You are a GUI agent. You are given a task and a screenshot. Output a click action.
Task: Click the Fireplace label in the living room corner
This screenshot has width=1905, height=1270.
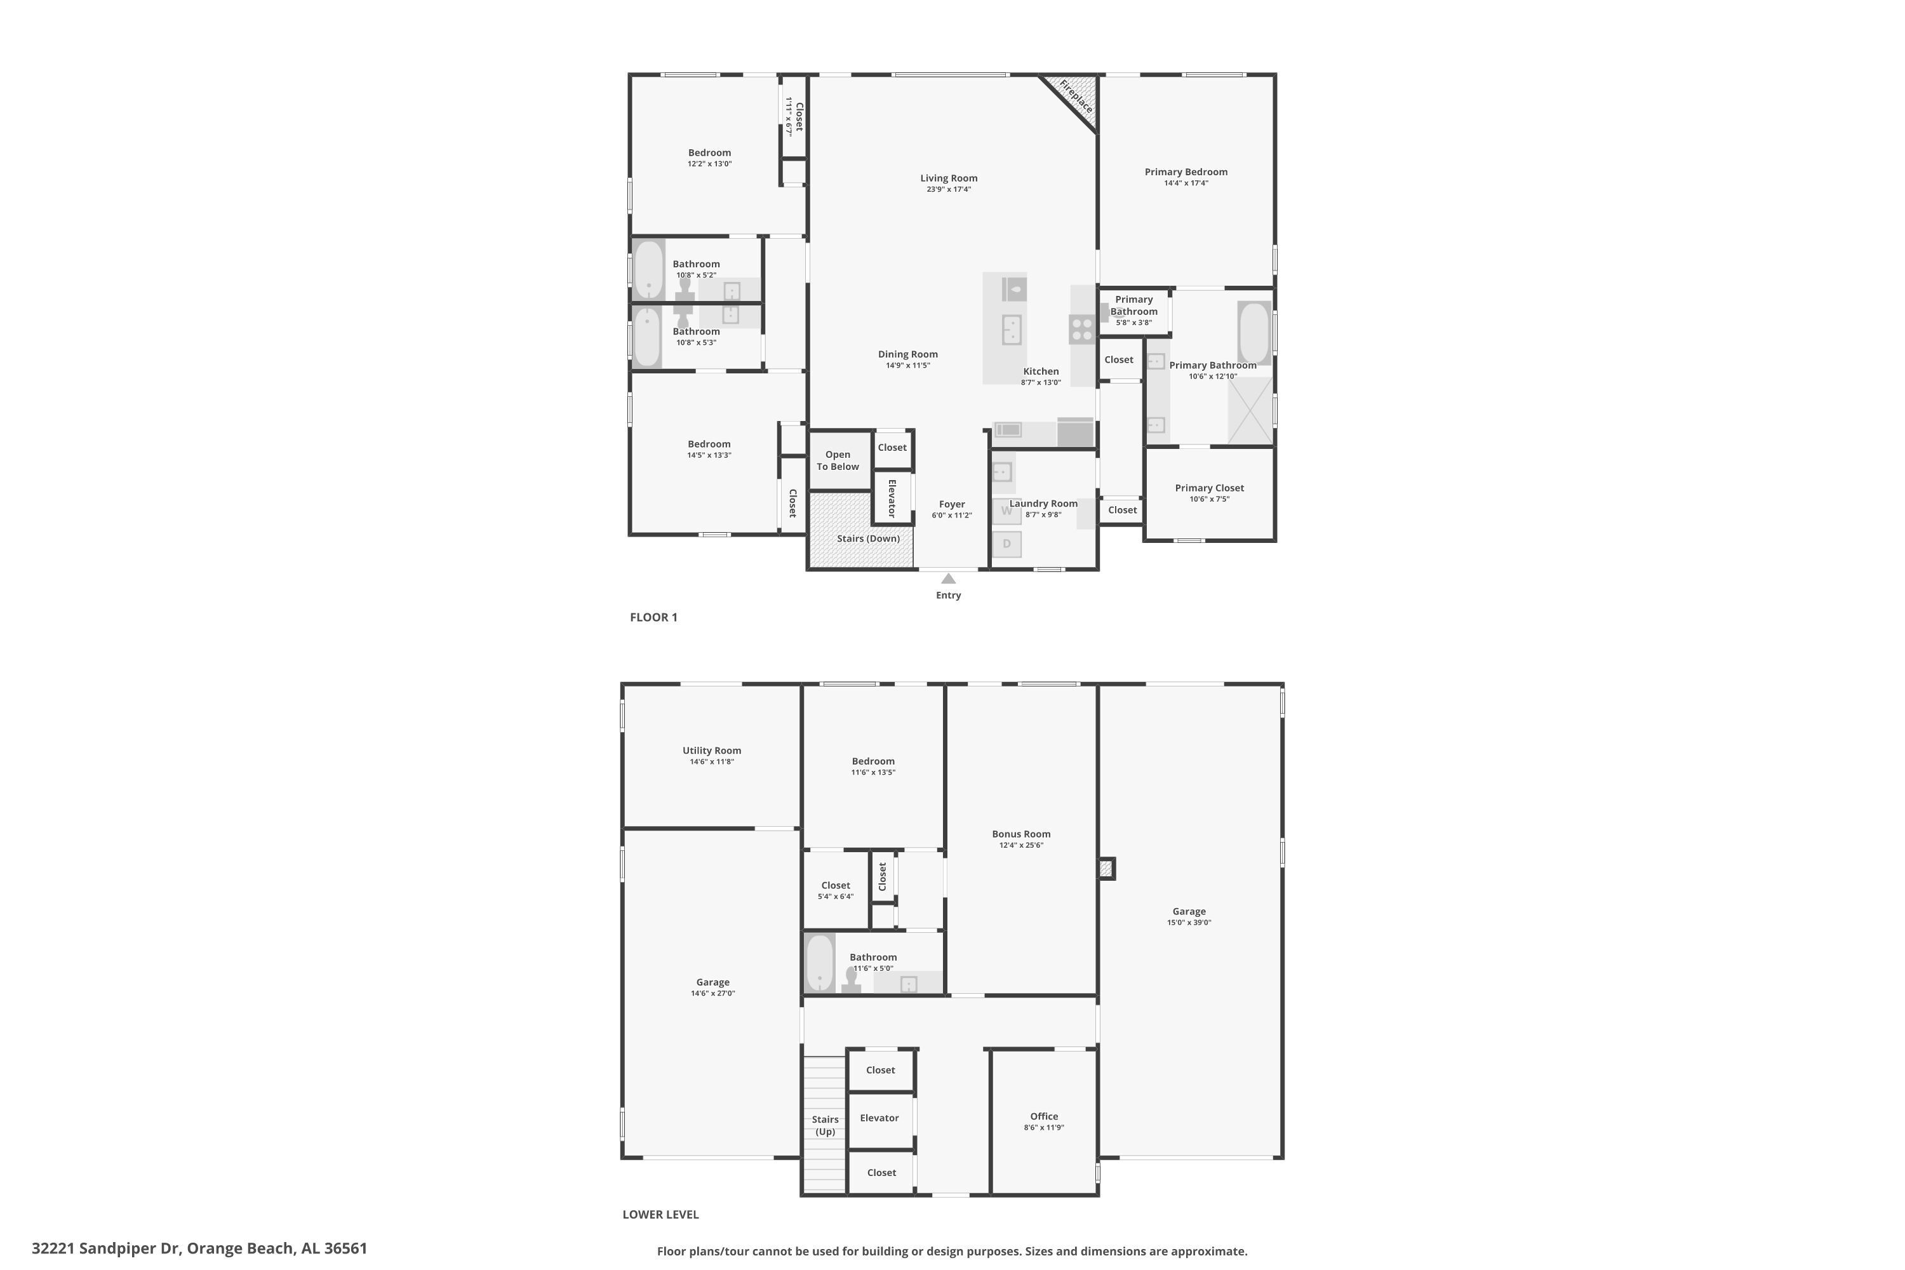coord(1076,97)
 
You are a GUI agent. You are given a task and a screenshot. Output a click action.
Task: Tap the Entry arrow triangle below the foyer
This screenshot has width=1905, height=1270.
coord(949,578)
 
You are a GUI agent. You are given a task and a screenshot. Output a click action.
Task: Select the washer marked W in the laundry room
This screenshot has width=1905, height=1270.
coord(1006,511)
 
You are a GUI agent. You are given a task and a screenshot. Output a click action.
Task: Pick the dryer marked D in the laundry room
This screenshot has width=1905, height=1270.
coord(1006,544)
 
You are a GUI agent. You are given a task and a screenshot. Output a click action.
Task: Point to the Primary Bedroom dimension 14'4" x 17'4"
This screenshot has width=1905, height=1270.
coord(1186,183)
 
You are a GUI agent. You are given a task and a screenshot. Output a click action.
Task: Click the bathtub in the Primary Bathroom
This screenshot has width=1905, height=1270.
coord(1253,333)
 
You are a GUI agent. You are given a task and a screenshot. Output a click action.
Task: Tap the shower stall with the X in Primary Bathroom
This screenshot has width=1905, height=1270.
coord(1250,411)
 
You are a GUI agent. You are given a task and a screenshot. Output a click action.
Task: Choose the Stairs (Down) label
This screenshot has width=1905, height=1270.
coord(868,538)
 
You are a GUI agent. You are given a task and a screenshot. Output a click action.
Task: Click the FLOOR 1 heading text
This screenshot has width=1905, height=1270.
coord(653,617)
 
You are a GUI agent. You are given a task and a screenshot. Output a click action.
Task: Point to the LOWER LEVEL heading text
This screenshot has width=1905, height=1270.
coord(660,1214)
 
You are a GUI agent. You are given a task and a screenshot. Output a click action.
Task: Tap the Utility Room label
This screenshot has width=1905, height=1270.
coord(712,751)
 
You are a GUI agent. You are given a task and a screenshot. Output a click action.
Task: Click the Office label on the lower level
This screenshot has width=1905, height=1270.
coord(1044,1116)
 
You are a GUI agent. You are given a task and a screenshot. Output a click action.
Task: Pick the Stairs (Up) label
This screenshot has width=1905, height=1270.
coord(825,1126)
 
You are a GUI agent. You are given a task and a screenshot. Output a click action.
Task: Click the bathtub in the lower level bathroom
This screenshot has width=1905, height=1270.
coord(820,964)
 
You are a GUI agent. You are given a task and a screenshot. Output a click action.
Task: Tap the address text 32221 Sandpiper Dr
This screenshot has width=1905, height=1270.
coord(105,1248)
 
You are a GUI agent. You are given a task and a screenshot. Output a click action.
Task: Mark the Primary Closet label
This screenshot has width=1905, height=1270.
coord(1209,488)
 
